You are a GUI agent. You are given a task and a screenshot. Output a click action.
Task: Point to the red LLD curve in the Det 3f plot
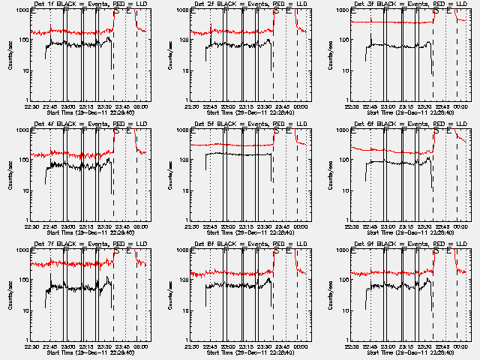click(390, 22)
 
